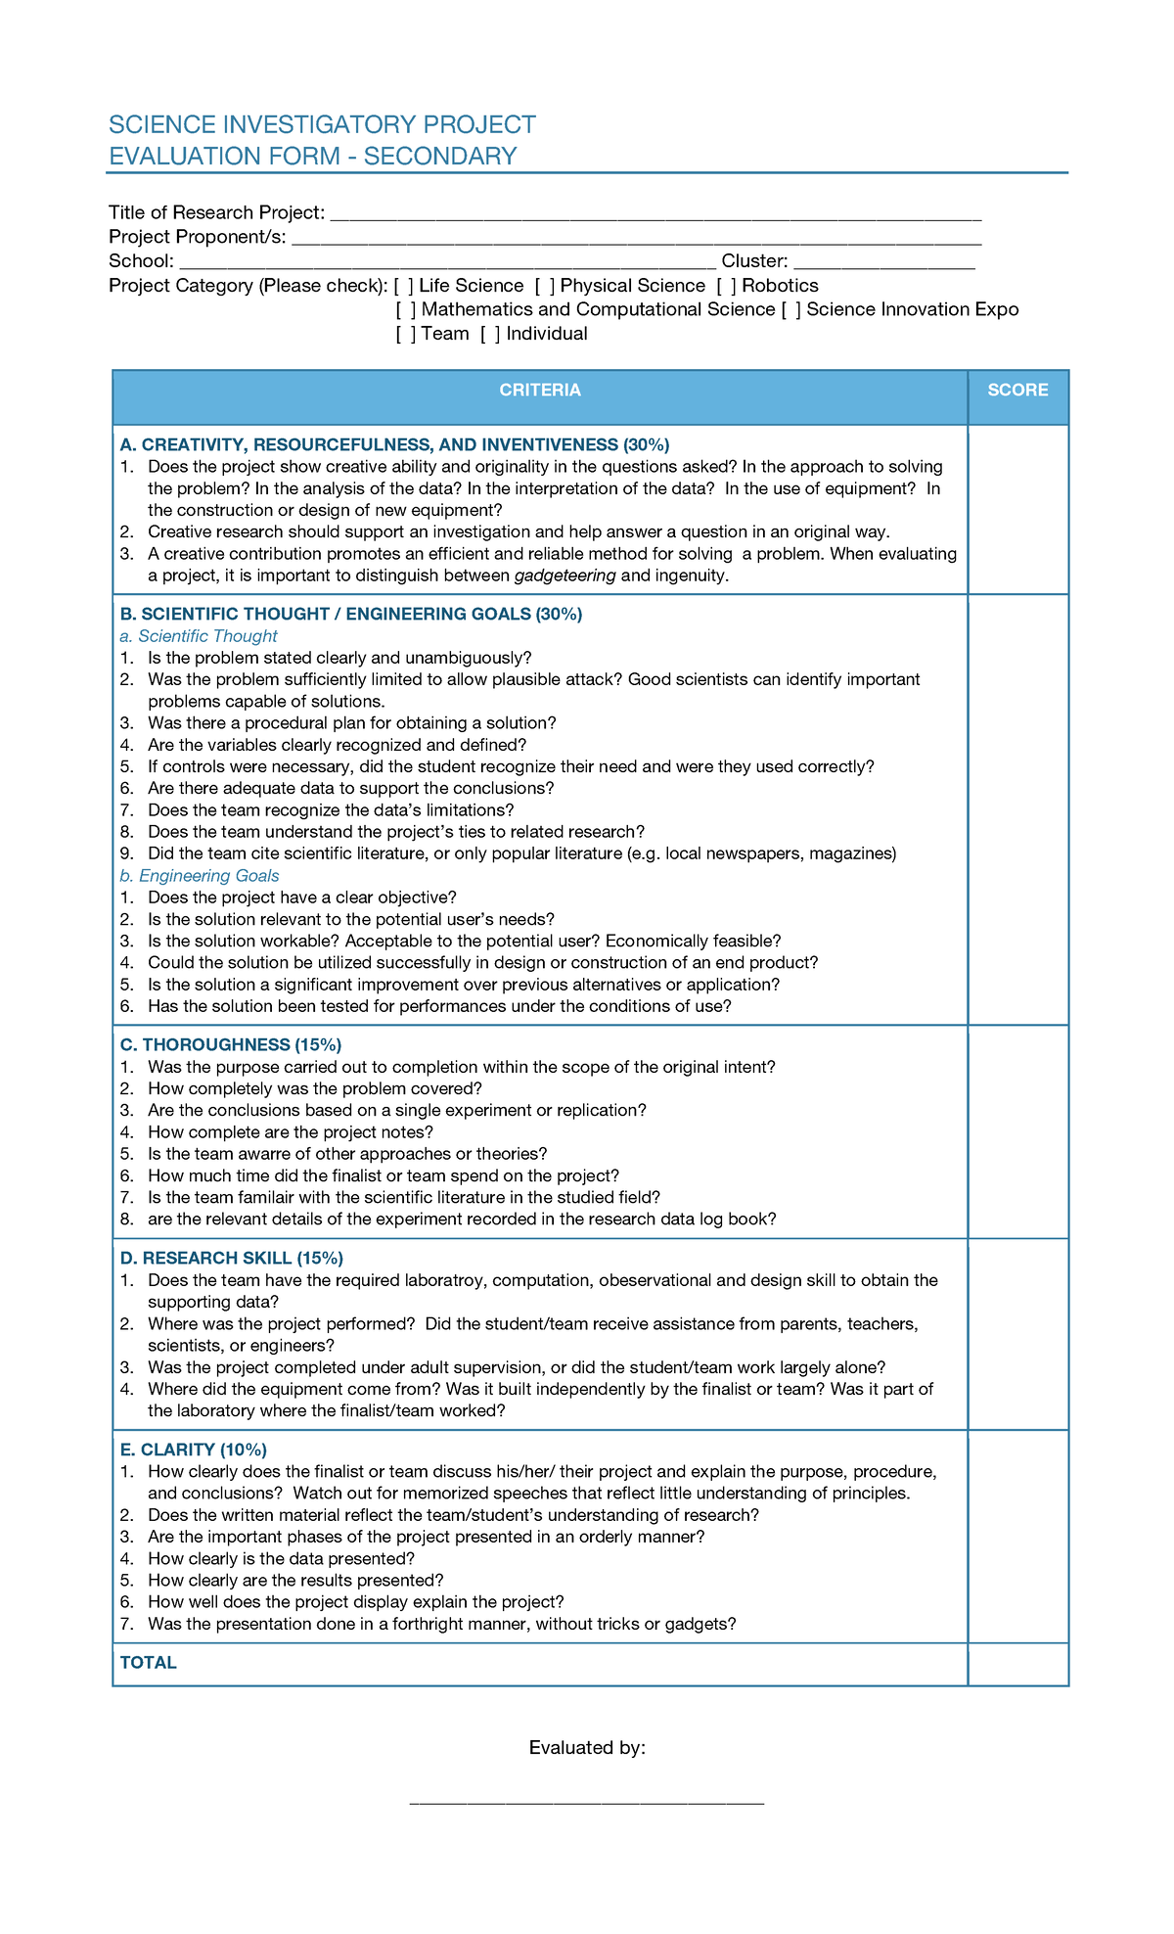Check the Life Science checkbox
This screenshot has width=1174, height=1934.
[404, 286]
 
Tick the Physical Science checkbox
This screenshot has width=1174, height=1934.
[545, 286]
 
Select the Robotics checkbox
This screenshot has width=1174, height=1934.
[727, 286]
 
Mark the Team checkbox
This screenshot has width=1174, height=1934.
[406, 334]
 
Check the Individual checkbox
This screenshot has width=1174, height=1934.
[491, 334]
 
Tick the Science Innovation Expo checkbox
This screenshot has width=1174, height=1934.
[791, 310]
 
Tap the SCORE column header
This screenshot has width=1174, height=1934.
[1017, 391]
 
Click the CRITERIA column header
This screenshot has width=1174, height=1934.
[540, 391]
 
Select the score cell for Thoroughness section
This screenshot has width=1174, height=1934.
[1017, 1131]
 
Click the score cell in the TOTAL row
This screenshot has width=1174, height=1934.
[1017, 1663]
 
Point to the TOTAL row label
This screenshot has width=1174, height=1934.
[149, 1663]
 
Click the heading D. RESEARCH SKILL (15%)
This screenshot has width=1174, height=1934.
[232, 1259]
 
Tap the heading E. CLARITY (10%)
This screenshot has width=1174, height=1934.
[194, 1450]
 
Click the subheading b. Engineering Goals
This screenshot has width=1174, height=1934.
[200, 876]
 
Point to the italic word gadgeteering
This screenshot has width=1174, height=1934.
[564, 576]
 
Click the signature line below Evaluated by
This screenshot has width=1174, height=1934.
[586, 1801]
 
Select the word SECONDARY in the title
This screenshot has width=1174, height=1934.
[440, 157]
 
